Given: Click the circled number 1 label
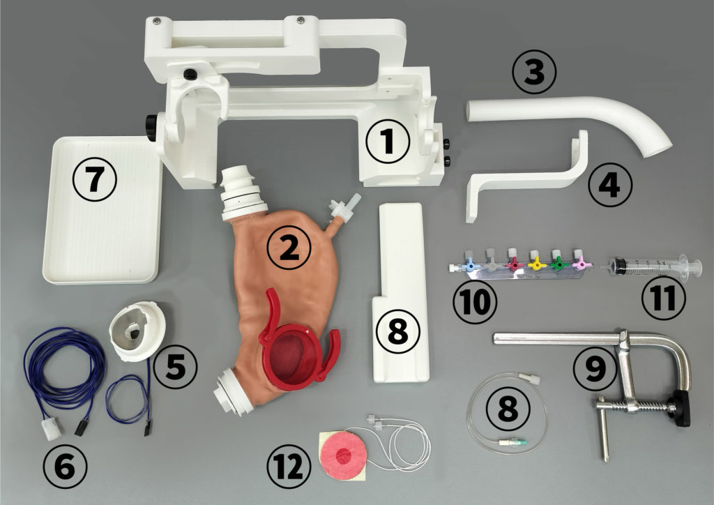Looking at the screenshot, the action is pos(388,141).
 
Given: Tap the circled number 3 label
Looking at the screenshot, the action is pos(534,72).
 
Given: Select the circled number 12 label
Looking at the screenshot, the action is pos(289,467).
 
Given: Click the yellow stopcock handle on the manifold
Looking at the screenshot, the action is pos(537,263).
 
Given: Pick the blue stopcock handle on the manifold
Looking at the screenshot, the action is pos(470,264).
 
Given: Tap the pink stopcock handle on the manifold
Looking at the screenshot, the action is pos(582,263).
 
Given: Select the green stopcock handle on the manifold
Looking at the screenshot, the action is pos(559,263).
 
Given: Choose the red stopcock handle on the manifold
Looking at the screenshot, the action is pos(515,264).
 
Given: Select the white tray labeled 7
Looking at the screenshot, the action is pos(103,209).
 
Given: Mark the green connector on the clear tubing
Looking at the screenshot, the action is pos(523,442).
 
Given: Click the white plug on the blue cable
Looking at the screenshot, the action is pos(50,429).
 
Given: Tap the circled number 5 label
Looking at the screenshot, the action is pos(175,367).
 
